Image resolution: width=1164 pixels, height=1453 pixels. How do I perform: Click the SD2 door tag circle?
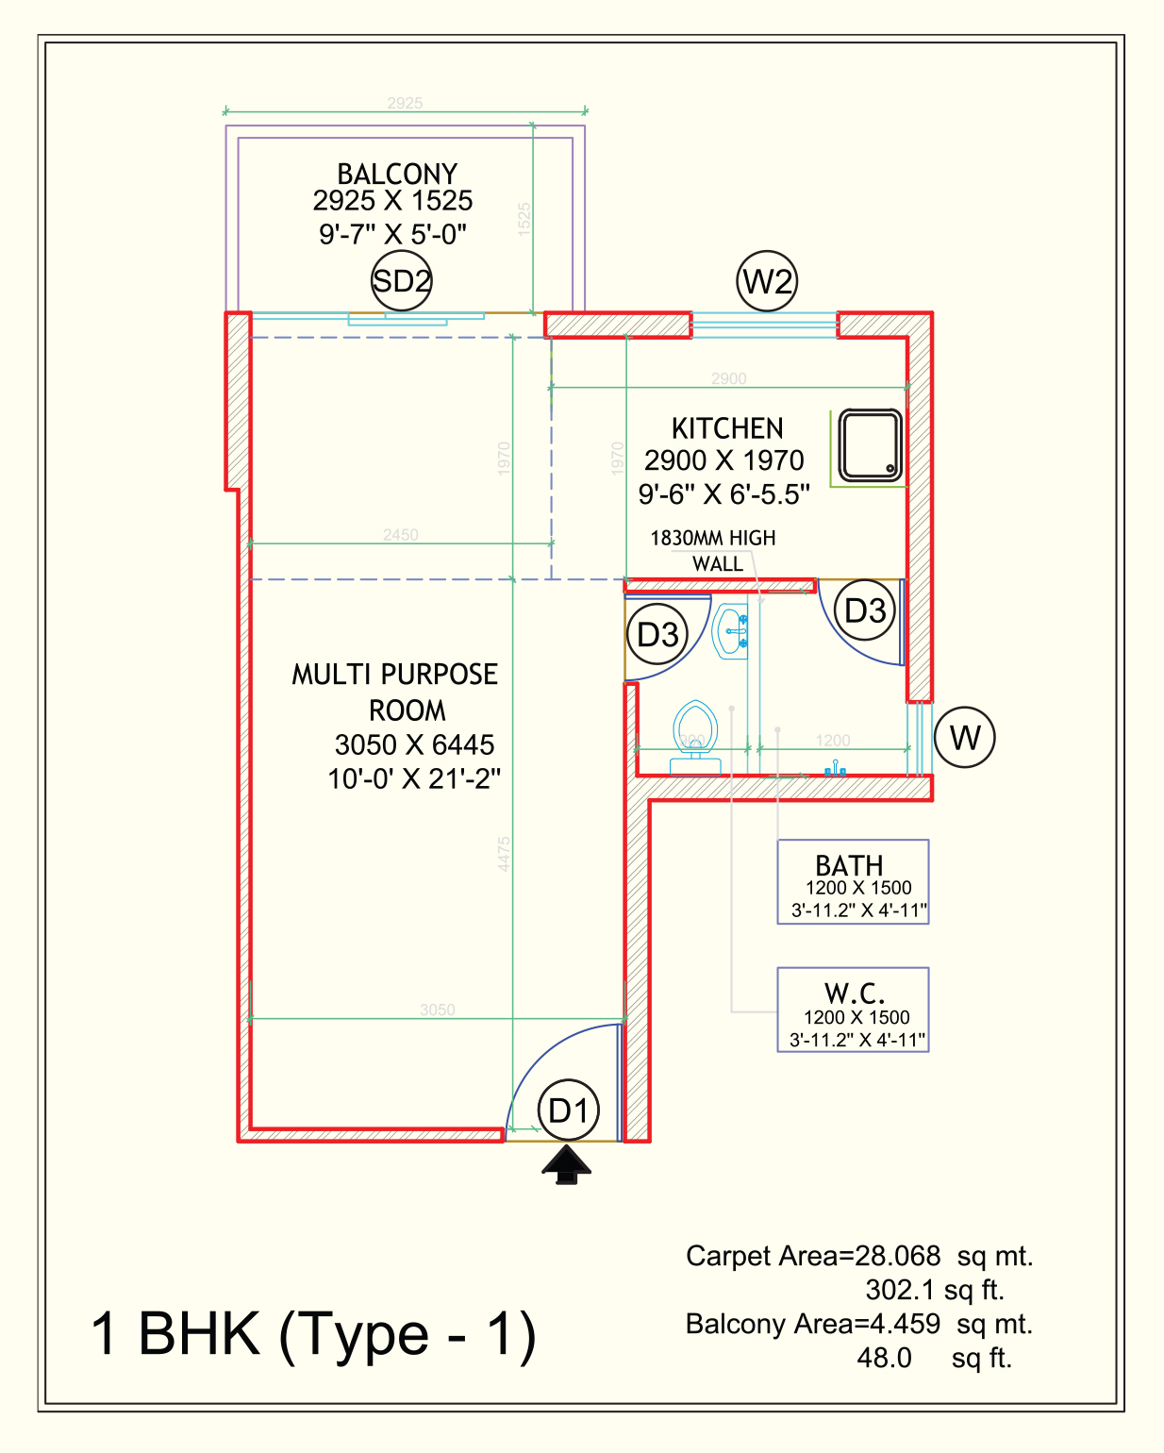coord(401,281)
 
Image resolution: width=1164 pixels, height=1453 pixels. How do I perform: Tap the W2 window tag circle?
coord(767,281)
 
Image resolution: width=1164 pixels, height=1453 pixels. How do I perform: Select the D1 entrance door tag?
coord(569,1111)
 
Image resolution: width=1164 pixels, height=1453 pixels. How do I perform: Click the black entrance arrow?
coord(566,1165)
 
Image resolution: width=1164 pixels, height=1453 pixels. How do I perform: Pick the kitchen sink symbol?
coord(870,445)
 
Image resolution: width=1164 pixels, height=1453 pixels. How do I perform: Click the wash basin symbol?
coord(731,631)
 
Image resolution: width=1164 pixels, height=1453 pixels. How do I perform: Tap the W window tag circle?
coord(964,737)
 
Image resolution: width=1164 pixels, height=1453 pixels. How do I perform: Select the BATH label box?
coord(853,882)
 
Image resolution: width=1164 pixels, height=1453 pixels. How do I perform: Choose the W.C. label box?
coord(853,1010)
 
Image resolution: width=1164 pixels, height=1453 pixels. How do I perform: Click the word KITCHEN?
coord(727,428)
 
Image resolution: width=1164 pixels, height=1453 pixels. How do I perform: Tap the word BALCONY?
coord(397,174)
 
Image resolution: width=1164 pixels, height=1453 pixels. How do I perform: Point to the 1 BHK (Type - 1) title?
coord(313,1334)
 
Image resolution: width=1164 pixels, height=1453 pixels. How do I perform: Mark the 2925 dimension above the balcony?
coord(405,103)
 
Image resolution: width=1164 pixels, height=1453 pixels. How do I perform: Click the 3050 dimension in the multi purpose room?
coord(438,1010)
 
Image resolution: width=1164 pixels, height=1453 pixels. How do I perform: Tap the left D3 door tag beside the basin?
coord(657,634)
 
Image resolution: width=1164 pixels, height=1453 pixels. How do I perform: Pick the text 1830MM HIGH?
coord(713,538)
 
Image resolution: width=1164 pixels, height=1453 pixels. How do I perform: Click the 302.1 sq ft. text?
coord(934,1290)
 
